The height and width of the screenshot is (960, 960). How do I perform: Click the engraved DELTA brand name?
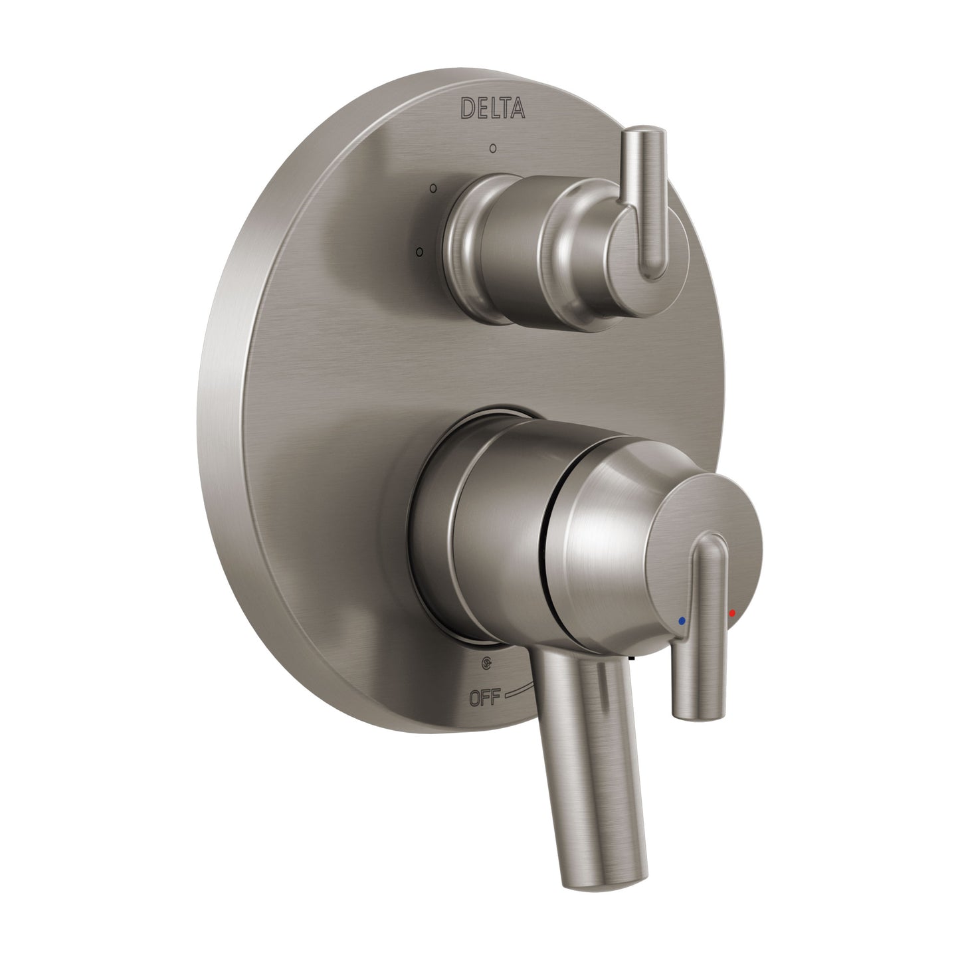493,108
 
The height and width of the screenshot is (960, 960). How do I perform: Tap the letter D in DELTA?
468,108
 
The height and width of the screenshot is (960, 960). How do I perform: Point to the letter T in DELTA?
504,108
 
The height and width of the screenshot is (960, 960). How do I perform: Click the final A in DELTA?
518,108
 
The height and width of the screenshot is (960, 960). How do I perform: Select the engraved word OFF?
484,698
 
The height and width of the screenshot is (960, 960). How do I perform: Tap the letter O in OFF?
475,698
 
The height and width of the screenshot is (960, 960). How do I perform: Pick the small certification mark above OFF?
488,663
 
